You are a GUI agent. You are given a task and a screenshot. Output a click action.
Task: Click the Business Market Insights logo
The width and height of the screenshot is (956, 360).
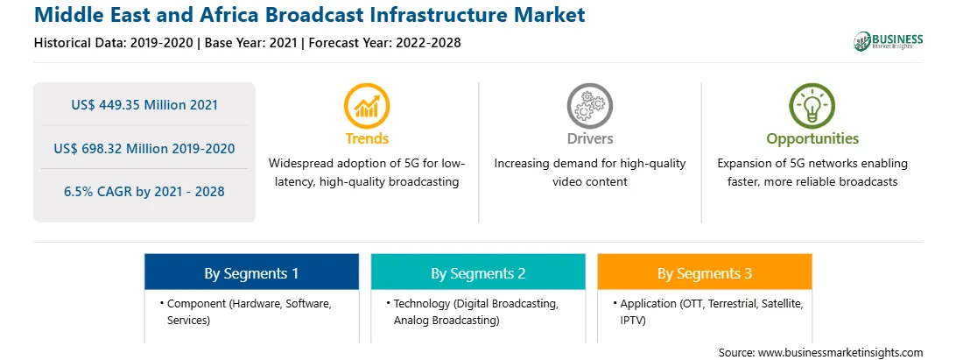pos(889,41)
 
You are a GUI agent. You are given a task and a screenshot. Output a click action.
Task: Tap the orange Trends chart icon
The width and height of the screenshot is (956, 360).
pos(367,106)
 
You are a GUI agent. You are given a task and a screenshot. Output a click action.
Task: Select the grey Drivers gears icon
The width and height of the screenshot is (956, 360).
pos(589,106)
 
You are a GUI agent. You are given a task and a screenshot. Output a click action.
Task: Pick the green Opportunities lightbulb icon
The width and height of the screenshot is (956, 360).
pos(812,106)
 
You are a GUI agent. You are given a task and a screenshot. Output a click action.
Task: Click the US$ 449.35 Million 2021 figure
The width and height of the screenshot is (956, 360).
pos(144,105)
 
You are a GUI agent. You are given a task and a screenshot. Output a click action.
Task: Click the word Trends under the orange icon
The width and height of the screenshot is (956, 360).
pos(367,138)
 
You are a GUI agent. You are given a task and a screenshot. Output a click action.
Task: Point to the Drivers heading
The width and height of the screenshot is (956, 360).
pos(589,138)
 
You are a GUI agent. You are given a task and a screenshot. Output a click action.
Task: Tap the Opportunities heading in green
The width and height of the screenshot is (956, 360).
pos(812,139)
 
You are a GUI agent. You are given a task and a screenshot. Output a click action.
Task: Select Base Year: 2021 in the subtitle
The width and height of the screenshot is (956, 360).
pos(251,43)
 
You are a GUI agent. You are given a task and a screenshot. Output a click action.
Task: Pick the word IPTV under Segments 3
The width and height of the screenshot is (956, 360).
pos(633,321)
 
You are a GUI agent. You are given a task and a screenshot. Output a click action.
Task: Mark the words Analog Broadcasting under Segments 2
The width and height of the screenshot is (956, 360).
pos(446,321)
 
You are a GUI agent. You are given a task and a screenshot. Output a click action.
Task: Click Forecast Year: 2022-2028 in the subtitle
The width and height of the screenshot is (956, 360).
pos(384,43)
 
